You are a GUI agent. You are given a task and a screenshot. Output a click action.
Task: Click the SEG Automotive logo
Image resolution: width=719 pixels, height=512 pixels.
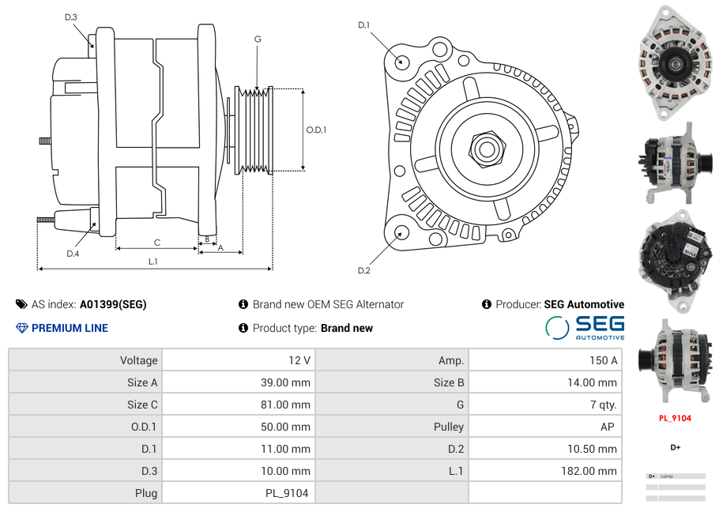[x=585, y=327]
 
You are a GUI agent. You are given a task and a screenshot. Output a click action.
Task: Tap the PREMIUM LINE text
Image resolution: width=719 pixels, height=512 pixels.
[x=70, y=328]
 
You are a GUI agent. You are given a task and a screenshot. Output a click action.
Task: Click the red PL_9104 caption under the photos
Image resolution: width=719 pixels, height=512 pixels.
[x=675, y=418]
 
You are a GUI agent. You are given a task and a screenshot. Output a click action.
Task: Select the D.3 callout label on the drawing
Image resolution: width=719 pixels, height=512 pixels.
[x=70, y=17]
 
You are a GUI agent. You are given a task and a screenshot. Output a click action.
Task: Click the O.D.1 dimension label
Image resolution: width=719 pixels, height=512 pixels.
[x=316, y=130]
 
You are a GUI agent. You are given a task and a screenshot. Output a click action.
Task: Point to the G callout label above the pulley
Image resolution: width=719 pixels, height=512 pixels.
[x=258, y=39]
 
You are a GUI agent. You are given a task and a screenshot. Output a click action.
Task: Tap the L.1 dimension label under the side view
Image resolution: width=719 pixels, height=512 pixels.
[x=153, y=262]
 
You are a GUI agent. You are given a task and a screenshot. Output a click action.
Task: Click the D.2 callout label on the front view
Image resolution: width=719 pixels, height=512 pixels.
[x=363, y=271]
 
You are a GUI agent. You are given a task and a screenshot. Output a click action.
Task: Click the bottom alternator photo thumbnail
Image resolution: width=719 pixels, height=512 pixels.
[x=675, y=361]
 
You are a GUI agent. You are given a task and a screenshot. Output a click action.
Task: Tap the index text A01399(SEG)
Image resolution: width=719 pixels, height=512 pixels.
[x=113, y=304]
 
